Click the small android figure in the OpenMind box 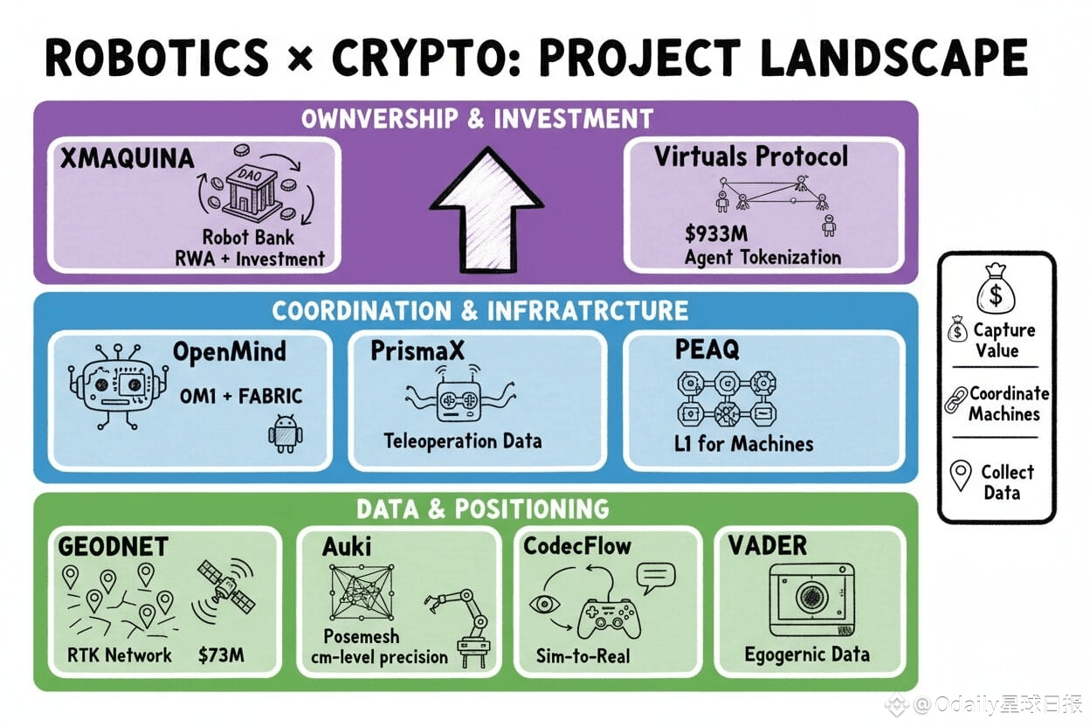285,433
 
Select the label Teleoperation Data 463,440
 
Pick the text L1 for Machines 743,443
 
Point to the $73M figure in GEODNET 222,654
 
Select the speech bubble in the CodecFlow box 656,576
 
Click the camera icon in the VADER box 811,598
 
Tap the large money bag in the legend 997,288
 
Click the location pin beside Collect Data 961,476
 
